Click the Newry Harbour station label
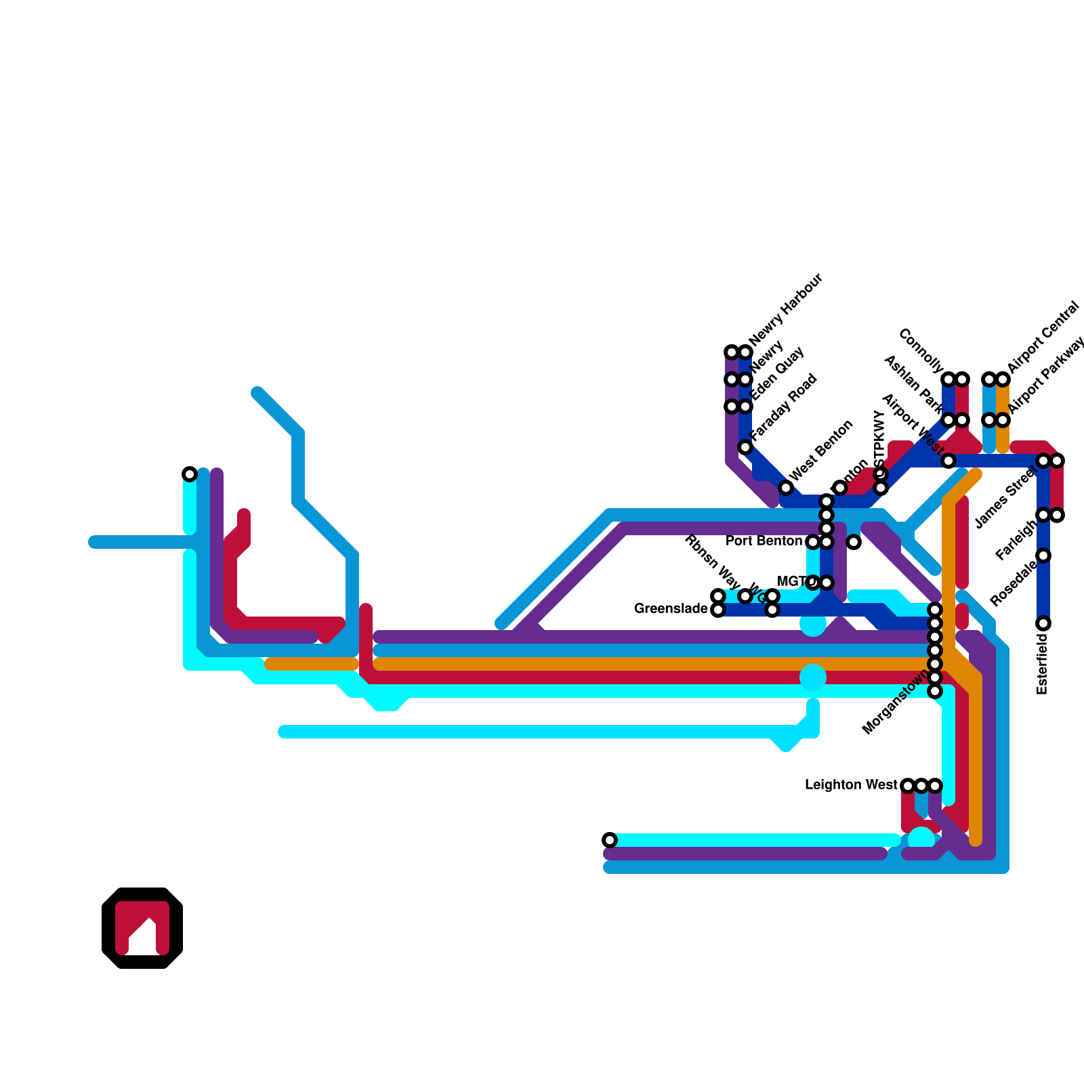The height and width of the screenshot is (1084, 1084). point(786,309)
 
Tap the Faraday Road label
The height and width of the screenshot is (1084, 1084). point(784,406)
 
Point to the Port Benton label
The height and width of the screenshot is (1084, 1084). point(764,541)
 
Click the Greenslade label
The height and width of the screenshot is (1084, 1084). point(671,609)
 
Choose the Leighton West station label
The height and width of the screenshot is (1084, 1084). point(851,785)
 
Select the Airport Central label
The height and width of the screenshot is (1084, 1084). point(1043,337)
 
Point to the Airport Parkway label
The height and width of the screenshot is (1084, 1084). point(1046,377)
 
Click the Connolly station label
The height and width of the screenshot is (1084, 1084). point(921,351)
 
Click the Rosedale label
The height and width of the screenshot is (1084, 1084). point(1013,583)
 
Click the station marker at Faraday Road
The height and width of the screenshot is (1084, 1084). point(745,447)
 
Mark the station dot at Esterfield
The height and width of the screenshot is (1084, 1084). point(1043,623)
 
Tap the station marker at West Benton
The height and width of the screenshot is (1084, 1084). point(786,488)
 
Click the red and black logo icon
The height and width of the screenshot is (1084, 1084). point(142,928)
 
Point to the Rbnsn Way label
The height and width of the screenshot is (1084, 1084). point(712,562)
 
